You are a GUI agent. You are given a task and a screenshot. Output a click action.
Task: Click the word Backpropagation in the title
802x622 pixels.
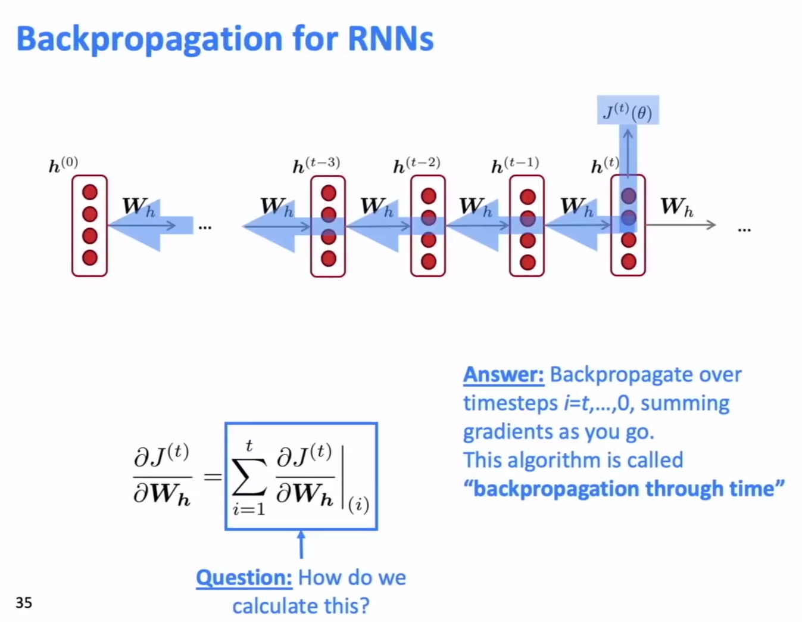point(149,39)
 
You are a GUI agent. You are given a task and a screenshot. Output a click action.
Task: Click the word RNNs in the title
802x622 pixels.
point(391,39)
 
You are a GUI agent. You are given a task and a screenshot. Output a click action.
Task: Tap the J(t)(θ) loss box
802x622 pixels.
point(628,111)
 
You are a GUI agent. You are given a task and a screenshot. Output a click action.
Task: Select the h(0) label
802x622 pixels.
point(63,164)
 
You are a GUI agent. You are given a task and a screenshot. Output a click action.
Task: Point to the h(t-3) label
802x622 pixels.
point(316,165)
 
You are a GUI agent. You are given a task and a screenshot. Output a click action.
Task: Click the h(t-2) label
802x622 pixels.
point(417,165)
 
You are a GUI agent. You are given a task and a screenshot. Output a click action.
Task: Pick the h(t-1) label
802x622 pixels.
point(515,165)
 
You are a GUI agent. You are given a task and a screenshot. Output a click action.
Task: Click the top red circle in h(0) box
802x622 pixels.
point(90,192)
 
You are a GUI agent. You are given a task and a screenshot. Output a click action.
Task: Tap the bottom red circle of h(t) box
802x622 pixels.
point(628,262)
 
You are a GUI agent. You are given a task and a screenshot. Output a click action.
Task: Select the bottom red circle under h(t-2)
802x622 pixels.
point(428,262)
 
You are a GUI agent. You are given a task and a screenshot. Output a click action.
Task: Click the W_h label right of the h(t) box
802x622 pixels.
point(677,207)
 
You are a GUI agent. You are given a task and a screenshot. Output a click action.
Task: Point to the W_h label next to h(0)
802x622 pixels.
point(138,207)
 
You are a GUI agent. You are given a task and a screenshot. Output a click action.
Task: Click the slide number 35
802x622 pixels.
point(24,602)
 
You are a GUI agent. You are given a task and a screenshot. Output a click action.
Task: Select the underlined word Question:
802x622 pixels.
point(244,577)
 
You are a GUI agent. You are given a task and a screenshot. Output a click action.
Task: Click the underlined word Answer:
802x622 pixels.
point(504,375)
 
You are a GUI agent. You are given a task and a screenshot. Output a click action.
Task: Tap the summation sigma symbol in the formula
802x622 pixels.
point(249,477)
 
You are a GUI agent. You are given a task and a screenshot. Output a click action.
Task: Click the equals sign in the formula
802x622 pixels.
point(213,477)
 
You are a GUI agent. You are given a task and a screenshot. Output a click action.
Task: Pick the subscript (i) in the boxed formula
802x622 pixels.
point(358,505)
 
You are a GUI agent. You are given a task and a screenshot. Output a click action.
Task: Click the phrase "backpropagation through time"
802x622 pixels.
point(624,489)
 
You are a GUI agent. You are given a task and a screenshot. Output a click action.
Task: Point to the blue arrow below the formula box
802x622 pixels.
point(301,544)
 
